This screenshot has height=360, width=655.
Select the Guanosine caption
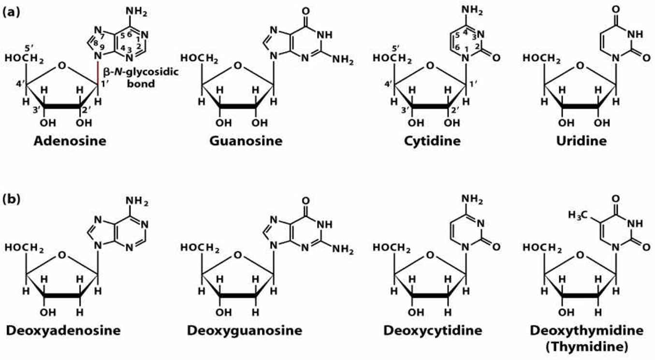click(x=246, y=141)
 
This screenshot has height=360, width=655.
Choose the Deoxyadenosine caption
click(x=63, y=331)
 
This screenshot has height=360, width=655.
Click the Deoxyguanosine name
click(x=244, y=331)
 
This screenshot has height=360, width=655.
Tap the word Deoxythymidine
click(x=587, y=331)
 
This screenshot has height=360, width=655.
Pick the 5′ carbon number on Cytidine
click(x=395, y=48)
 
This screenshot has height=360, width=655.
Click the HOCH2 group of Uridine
click(x=541, y=58)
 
